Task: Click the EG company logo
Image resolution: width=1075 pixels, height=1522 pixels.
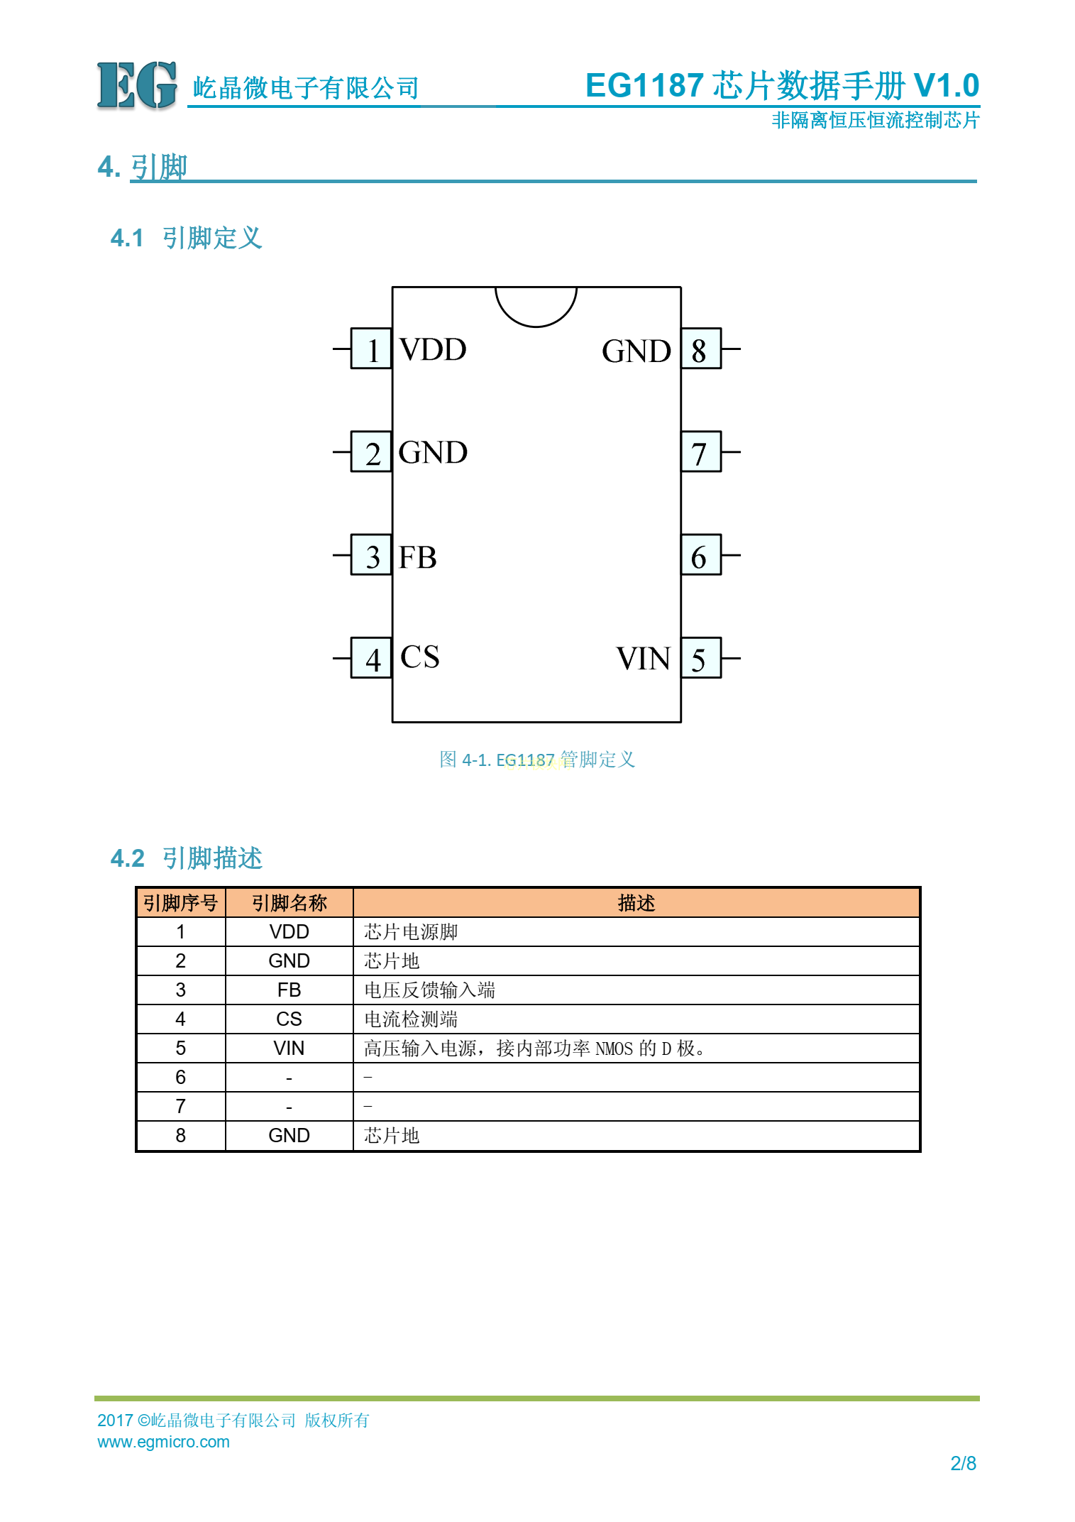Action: pyautogui.click(x=136, y=86)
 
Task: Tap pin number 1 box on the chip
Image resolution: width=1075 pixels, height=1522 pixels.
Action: pyautogui.click(x=371, y=349)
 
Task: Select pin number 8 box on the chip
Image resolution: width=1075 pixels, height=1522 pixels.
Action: pyautogui.click(x=701, y=349)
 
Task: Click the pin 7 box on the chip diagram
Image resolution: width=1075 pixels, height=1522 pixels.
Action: pyautogui.click(x=701, y=451)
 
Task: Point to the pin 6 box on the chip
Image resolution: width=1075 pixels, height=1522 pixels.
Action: pyautogui.click(x=701, y=554)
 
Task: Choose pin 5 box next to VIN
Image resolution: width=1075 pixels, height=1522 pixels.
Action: pyautogui.click(x=701, y=658)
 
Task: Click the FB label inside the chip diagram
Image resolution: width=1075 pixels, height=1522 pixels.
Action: pyautogui.click(x=417, y=557)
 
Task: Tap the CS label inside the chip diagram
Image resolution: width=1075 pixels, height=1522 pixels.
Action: pyautogui.click(x=419, y=657)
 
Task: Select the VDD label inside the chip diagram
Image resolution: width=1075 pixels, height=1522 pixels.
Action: pyautogui.click(x=433, y=349)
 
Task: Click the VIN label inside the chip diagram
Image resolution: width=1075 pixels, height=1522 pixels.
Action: pyautogui.click(x=643, y=659)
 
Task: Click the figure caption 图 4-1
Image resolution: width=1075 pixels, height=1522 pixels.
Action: pyautogui.click(x=537, y=760)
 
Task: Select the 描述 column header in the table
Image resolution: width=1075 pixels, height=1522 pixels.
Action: pyautogui.click(x=636, y=903)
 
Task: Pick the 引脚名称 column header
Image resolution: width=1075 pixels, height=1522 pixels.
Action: pyautogui.click(x=289, y=903)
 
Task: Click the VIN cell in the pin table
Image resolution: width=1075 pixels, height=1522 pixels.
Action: pyautogui.click(x=289, y=1049)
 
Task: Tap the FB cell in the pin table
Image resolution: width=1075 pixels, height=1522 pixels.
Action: pyautogui.click(x=289, y=990)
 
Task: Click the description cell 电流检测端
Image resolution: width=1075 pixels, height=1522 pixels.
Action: pyautogui.click(x=411, y=1019)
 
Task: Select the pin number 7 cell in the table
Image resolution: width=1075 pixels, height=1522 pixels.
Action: pyautogui.click(x=180, y=1107)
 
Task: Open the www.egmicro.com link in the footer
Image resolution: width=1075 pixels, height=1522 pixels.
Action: pyautogui.click(x=163, y=1442)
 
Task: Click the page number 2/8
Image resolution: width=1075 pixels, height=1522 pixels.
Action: pyautogui.click(x=963, y=1463)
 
